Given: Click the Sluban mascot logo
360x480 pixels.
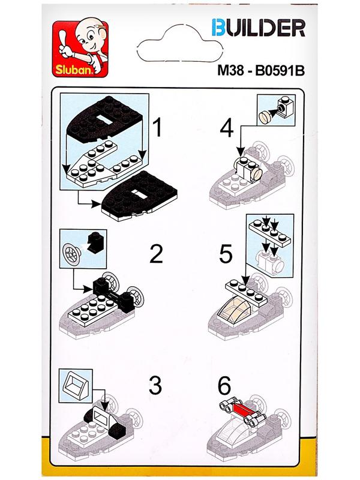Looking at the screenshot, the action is [x=80, y=49].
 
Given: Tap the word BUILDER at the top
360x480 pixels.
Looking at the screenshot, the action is [x=259, y=28].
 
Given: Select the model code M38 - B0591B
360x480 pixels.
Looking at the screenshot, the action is [x=261, y=71].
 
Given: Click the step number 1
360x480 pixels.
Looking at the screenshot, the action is [x=158, y=128].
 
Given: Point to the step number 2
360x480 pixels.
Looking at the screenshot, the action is [x=156, y=254].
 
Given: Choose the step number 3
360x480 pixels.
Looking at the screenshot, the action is [x=155, y=385].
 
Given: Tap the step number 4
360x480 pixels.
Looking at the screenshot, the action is [x=227, y=129].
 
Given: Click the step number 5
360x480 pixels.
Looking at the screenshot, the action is [x=226, y=254].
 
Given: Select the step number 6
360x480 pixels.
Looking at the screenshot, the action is [x=224, y=386].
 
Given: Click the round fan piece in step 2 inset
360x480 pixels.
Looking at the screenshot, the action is [x=72, y=253].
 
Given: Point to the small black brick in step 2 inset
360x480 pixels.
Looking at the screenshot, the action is [x=95, y=242].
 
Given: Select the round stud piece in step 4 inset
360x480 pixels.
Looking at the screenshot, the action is [x=266, y=116].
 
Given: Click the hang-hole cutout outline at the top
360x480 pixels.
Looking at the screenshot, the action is [x=179, y=44].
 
